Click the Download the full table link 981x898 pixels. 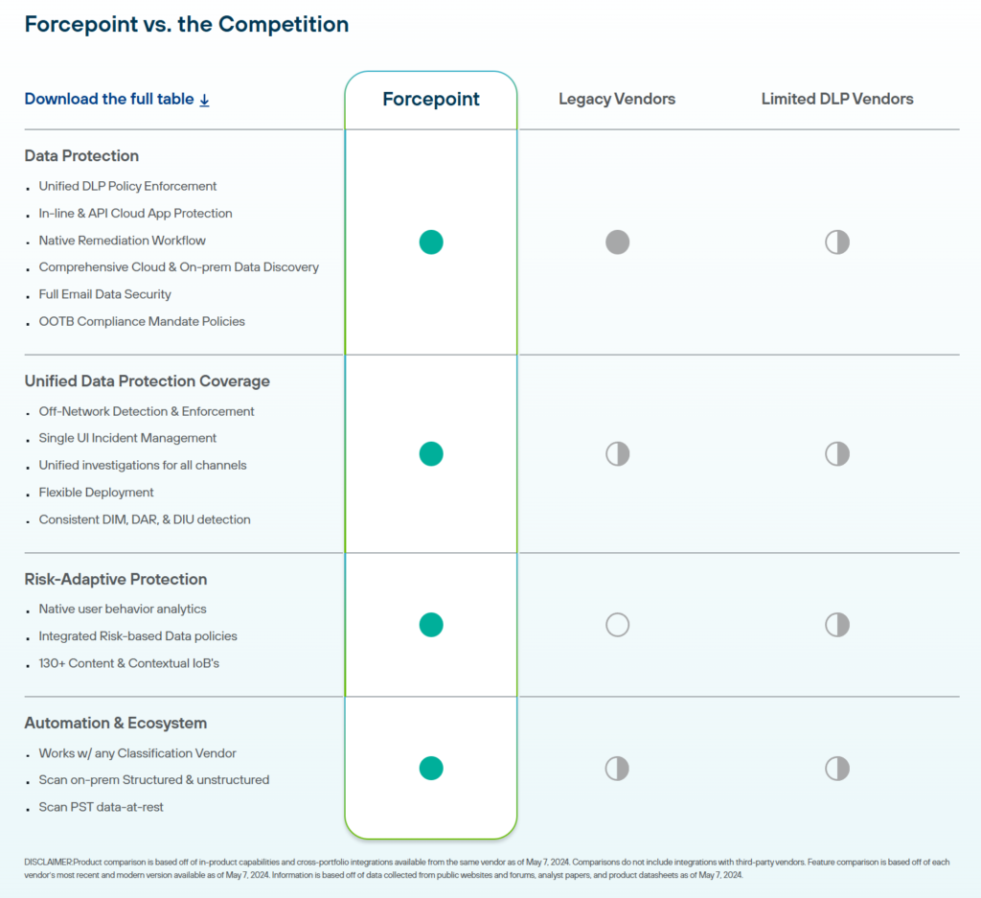point(116,99)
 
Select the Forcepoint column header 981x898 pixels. point(431,99)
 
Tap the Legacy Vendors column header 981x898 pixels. point(617,99)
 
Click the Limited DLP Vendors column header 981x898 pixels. point(837,99)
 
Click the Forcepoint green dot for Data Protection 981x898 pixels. point(431,242)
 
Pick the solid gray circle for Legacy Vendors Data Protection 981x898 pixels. point(617,242)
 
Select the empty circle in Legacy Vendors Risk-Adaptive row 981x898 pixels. point(617,625)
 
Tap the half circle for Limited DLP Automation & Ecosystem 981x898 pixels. point(837,768)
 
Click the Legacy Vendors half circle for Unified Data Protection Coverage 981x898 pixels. point(617,453)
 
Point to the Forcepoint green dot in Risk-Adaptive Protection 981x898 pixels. point(431,625)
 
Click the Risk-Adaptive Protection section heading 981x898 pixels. point(116,579)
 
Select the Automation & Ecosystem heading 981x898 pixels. point(116,723)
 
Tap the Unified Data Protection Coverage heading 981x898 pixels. point(147,380)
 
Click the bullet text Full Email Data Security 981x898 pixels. point(104,294)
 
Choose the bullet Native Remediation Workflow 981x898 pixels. point(122,241)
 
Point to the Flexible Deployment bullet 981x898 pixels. point(96,492)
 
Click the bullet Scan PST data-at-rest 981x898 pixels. point(101,807)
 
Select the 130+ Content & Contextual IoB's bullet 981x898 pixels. point(128,663)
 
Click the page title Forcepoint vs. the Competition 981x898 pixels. point(187,24)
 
